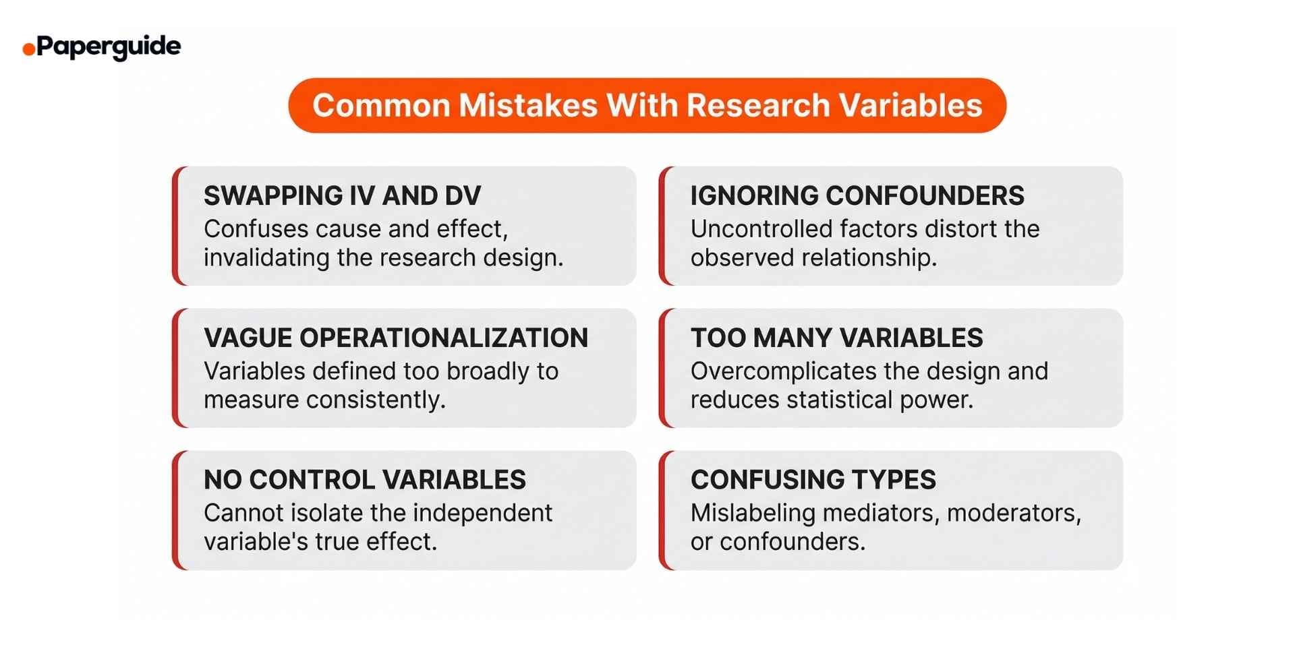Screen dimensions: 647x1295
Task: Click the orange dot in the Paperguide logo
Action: click(28, 49)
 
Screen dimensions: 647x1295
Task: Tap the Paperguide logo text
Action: click(109, 47)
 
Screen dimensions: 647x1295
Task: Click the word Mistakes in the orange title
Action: click(528, 106)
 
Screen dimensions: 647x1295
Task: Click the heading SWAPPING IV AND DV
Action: click(342, 196)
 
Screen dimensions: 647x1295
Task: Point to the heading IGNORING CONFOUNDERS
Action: click(857, 196)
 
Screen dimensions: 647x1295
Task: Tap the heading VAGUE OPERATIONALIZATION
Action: click(396, 338)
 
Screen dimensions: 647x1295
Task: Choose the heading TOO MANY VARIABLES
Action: click(836, 338)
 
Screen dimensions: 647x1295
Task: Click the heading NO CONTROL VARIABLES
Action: click(364, 480)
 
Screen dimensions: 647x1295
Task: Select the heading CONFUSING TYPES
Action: click(813, 480)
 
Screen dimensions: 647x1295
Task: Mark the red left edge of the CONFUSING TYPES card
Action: click(663, 511)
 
